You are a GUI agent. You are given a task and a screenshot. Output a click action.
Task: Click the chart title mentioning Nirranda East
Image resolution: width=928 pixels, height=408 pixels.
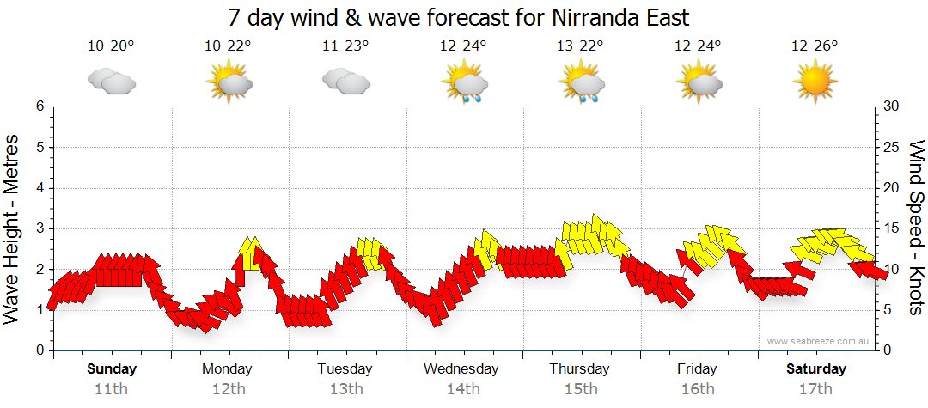[x=459, y=17]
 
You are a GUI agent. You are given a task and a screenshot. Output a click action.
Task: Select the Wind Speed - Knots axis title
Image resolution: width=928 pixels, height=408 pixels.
[x=915, y=228]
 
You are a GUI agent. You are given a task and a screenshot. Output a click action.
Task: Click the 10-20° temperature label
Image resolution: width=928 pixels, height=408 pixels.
[x=111, y=46]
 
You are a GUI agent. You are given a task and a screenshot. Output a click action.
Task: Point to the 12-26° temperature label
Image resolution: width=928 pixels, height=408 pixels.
[x=815, y=46]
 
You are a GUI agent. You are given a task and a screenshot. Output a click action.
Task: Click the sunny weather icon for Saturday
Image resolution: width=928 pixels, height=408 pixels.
[x=815, y=83]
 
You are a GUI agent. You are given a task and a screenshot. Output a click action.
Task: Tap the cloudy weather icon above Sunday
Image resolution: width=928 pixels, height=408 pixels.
[x=111, y=82]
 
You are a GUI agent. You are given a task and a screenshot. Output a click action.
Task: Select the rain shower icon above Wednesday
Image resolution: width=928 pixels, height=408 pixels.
[x=464, y=84]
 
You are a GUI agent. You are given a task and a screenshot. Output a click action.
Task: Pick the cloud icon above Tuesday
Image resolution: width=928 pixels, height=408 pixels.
[x=345, y=82]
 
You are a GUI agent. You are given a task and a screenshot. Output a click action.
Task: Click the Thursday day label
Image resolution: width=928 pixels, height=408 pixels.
[x=579, y=369]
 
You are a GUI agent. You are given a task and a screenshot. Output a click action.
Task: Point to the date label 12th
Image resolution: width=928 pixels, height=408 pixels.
[x=228, y=388]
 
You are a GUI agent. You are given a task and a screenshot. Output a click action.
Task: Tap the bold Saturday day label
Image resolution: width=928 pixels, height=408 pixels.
[x=816, y=369]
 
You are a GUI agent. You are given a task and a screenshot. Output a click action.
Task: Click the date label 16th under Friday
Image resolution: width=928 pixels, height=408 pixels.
[x=697, y=388]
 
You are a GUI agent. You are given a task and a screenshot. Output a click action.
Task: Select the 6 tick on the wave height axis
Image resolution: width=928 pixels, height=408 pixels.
[x=40, y=107]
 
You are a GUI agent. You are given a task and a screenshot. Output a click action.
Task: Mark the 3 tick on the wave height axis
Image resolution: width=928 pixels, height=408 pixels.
[x=40, y=228]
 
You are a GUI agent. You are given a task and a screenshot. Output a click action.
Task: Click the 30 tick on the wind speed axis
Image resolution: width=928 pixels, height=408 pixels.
[x=892, y=107]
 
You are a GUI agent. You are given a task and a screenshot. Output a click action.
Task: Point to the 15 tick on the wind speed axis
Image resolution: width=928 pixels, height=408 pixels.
[x=892, y=228]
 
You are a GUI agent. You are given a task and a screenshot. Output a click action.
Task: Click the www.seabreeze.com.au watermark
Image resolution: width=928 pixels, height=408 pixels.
[x=818, y=342]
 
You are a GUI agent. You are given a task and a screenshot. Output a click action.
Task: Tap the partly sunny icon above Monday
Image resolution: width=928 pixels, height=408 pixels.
[x=229, y=83]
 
